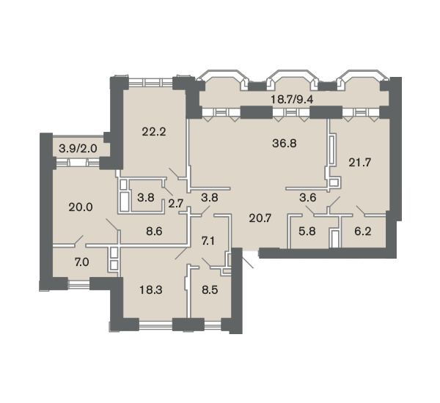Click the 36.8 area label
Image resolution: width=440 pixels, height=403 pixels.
click(x=285, y=144)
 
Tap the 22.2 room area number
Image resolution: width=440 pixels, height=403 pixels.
click(x=154, y=132)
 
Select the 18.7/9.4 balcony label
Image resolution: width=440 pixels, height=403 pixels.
click(x=292, y=99)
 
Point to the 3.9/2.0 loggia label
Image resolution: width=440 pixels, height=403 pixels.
click(x=78, y=148)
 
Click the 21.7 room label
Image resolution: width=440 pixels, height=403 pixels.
click(x=360, y=163)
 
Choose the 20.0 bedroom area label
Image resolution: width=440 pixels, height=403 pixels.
click(x=81, y=207)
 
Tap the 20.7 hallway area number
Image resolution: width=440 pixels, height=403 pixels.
click(x=260, y=218)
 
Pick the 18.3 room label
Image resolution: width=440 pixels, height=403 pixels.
click(x=151, y=290)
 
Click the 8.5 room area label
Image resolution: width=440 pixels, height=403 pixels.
click(x=210, y=290)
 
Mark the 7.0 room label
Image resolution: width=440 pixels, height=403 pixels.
click(x=82, y=262)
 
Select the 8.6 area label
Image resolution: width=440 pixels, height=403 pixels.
click(x=154, y=232)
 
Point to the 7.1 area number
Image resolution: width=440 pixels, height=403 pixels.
click(x=208, y=241)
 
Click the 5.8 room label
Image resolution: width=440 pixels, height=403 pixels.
click(x=307, y=232)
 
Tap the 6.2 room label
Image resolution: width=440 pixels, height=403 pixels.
click(x=363, y=232)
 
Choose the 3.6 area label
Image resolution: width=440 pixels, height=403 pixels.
click(x=308, y=198)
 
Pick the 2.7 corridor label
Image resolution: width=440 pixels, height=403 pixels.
click(x=176, y=203)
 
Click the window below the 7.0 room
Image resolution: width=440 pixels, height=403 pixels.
click(x=79, y=284)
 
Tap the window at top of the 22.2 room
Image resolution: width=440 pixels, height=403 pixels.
click(x=150, y=82)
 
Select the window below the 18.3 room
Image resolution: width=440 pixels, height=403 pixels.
click(x=155, y=325)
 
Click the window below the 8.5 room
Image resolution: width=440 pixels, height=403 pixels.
click(x=213, y=325)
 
